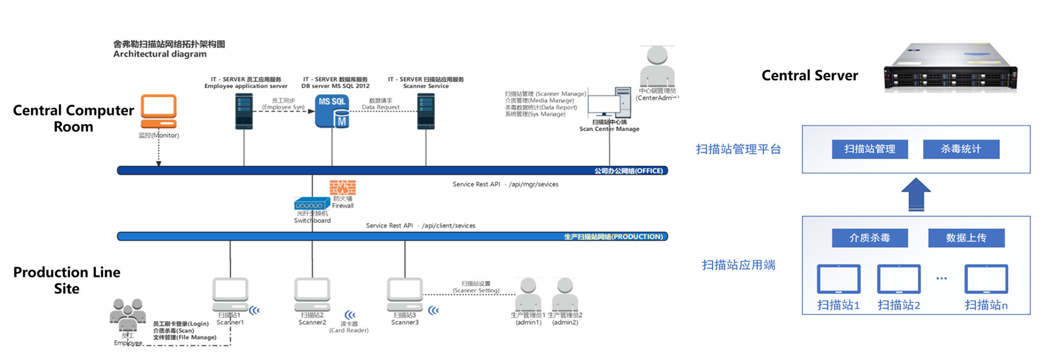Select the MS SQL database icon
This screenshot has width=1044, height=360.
pyautogui.click(x=332, y=110)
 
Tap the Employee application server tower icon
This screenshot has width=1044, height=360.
pyautogui.click(x=244, y=111)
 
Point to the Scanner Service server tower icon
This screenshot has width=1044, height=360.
pyautogui.click(x=425, y=111)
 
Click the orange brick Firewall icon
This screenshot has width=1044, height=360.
pyautogui.click(x=342, y=187)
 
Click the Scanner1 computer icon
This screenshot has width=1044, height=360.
pyautogui.click(x=230, y=294)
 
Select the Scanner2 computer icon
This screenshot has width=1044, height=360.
pyautogui.click(x=312, y=294)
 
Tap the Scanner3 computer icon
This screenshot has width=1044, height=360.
pyautogui.click(x=405, y=294)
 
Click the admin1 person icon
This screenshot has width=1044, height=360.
pyautogui.click(x=528, y=294)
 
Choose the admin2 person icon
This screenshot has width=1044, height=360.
pyautogui.click(x=565, y=294)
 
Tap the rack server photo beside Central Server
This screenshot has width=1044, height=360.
pyautogui.click(x=950, y=68)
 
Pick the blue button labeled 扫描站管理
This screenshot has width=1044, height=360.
pyautogui.click(x=869, y=149)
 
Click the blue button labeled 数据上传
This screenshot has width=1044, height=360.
pyautogui.click(x=966, y=238)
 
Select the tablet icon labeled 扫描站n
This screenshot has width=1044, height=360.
pyautogui.click(x=986, y=279)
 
